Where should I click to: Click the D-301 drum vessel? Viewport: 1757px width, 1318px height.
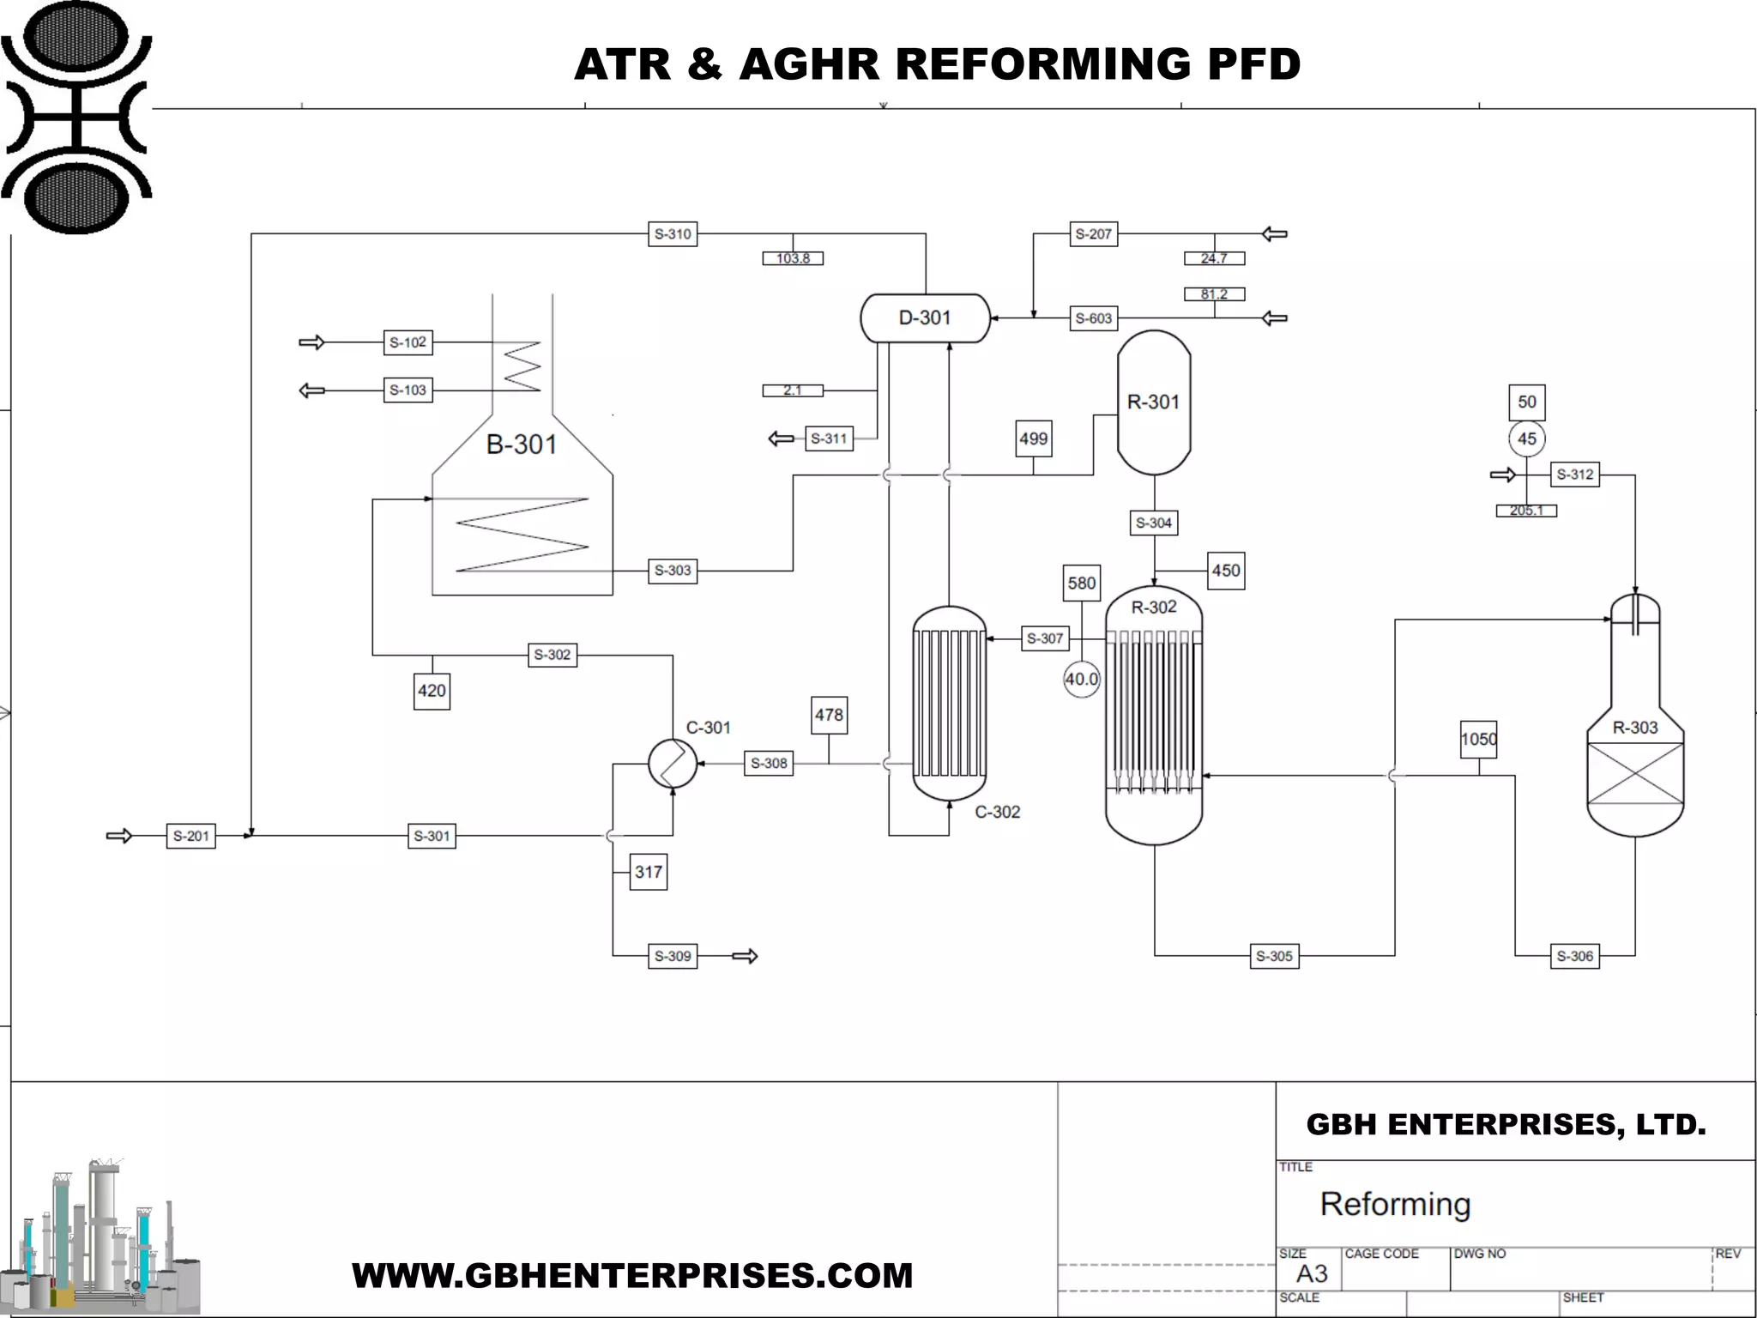point(925,318)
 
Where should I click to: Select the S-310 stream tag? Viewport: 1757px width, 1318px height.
point(672,233)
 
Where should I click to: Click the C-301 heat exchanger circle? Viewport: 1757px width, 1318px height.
point(672,763)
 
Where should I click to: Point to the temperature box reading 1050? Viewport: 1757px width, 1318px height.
point(1478,740)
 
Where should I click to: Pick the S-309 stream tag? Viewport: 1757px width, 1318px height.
point(672,956)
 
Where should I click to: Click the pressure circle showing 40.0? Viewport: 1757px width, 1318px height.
point(1081,680)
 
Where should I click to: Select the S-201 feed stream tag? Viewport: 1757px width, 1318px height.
point(190,836)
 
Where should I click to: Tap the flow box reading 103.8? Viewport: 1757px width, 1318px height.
point(793,258)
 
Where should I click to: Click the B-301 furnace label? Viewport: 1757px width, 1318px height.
point(522,444)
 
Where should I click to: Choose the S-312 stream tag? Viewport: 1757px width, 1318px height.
point(1574,475)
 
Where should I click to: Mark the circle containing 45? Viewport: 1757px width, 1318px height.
point(1526,439)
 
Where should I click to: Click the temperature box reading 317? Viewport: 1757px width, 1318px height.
point(648,872)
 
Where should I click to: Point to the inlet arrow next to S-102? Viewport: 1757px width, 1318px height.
point(311,342)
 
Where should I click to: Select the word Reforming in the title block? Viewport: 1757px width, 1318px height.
point(1395,1204)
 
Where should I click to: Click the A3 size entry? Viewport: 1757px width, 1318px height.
point(1311,1273)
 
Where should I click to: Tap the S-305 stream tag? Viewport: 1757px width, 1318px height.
point(1273,956)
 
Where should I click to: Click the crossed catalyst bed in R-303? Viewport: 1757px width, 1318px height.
point(1634,773)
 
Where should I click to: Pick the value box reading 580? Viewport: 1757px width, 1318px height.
point(1081,583)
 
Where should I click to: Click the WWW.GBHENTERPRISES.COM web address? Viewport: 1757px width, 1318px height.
point(632,1275)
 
